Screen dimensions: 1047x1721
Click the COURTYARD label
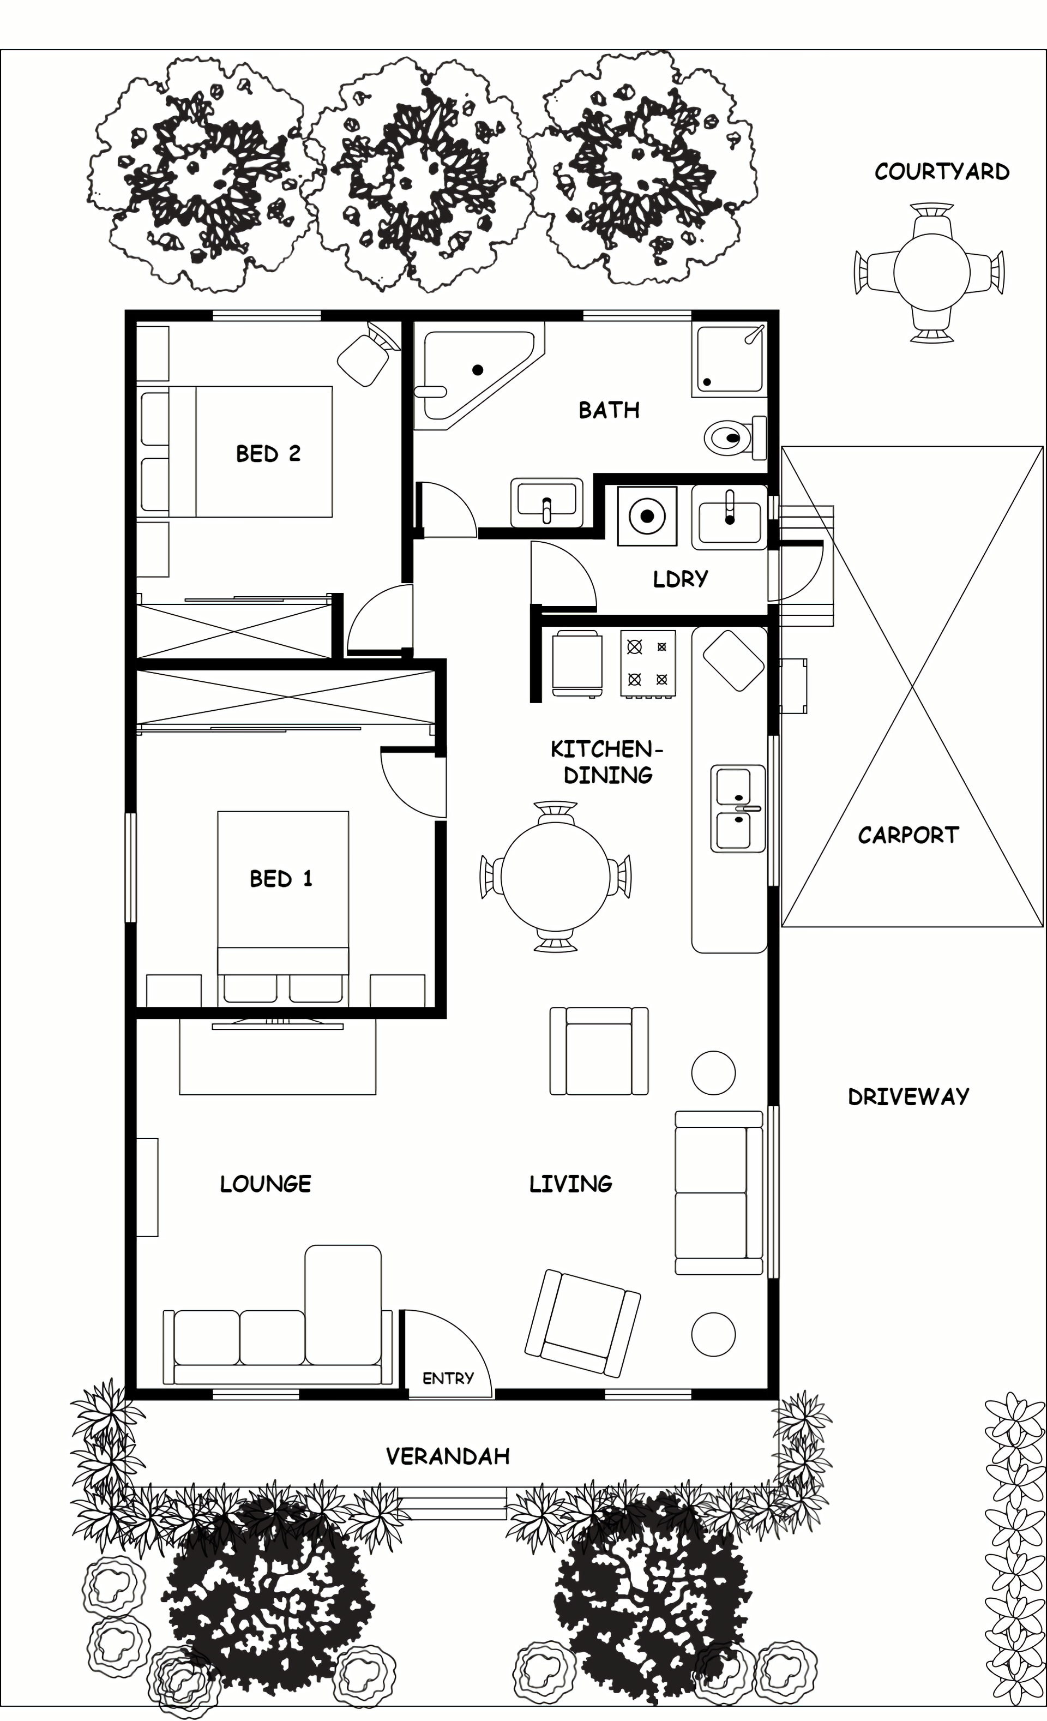942,172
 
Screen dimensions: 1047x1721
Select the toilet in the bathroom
735,437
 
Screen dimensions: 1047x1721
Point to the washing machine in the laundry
647,515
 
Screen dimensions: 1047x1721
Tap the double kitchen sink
738,808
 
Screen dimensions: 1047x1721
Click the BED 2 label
268,454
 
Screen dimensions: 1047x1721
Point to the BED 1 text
281,879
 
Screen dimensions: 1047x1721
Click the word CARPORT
908,835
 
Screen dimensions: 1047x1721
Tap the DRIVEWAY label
908,1096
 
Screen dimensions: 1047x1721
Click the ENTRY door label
448,1378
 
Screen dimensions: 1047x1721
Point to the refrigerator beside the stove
577,663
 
